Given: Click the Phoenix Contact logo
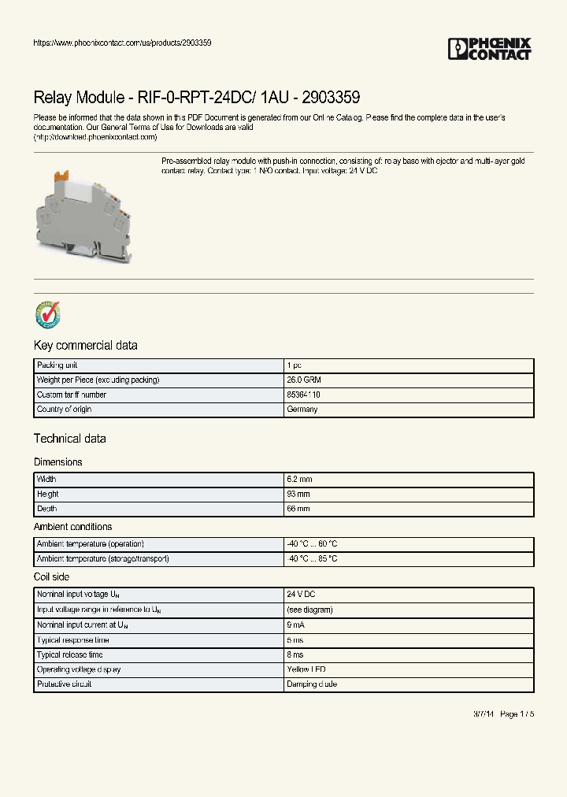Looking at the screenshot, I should (x=490, y=49).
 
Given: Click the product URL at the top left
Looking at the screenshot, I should (x=122, y=43).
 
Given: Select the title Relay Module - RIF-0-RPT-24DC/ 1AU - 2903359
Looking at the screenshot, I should (x=197, y=98).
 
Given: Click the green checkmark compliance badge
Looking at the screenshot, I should (x=47, y=314).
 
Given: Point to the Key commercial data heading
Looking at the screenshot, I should (x=85, y=346).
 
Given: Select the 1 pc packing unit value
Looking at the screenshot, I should (x=294, y=365).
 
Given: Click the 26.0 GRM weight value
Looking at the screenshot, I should (x=303, y=380).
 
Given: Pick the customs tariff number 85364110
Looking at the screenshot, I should (x=303, y=395).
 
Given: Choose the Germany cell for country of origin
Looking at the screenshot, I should (x=302, y=410).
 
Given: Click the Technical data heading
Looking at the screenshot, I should (x=69, y=439).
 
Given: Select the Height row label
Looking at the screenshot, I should (x=48, y=494).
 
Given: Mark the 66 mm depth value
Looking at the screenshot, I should (x=298, y=509).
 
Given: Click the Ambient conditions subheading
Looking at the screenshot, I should (x=72, y=527).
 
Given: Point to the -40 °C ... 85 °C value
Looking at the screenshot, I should (x=313, y=558).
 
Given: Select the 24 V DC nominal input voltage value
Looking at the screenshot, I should (x=301, y=595).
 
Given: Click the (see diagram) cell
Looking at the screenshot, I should (x=309, y=610).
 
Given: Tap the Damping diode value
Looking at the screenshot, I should (x=312, y=684).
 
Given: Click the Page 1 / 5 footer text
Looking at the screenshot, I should (x=517, y=714).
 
